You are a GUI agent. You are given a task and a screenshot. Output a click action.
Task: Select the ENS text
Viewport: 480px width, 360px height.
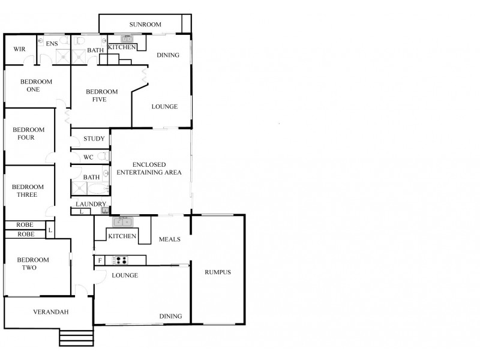click(52, 43)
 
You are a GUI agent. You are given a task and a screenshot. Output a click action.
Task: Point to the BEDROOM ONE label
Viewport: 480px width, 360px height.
click(36, 86)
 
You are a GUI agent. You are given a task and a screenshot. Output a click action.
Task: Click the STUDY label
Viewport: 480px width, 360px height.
click(94, 139)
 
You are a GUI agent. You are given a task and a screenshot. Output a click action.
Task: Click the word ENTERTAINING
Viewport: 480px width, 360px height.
click(149, 173)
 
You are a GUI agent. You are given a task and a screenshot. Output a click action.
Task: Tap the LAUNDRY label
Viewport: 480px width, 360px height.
click(91, 205)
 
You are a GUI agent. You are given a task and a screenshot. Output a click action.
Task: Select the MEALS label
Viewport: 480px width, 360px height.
click(170, 239)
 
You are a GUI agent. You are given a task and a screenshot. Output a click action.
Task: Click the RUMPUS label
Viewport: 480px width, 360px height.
click(217, 272)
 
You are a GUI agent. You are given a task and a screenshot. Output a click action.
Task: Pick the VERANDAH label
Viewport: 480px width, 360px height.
click(51, 312)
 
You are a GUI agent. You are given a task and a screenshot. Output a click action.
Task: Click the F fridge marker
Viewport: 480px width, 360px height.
click(100, 260)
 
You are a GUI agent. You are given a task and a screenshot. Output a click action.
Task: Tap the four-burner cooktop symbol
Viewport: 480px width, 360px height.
click(121, 260)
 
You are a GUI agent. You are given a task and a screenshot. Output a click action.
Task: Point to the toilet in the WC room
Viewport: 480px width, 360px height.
click(104, 157)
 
